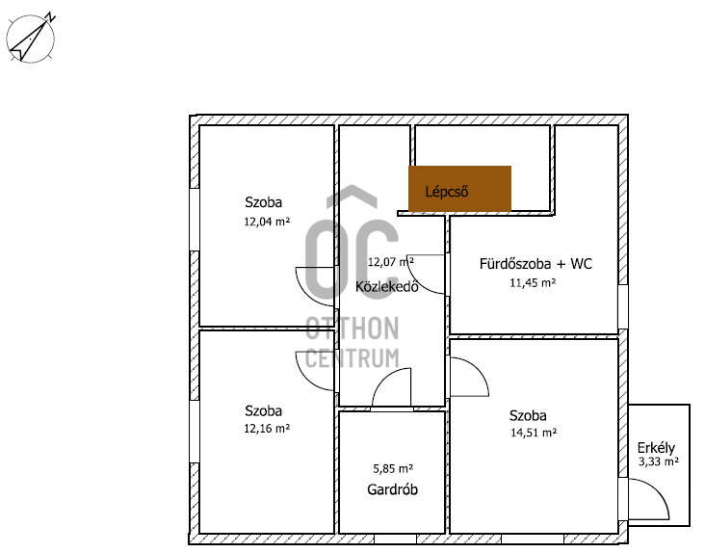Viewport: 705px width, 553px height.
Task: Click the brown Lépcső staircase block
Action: pyautogui.click(x=459, y=189)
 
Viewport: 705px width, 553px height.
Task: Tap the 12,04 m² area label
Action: pyautogui.click(x=267, y=222)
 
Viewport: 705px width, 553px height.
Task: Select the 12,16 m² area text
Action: pyautogui.click(x=267, y=429)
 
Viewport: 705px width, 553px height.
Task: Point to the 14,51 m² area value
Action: pyautogui.click(x=534, y=433)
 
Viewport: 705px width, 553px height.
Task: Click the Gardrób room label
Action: pyautogui.click(x=393, y=489)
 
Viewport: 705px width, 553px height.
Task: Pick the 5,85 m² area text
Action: pyautogui.click(x=393, y=469)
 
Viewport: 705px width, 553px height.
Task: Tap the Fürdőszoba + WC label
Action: pyautogui.click(x=535, y=263)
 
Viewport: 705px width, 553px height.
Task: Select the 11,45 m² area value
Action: pyautogui.click(x=533, y=283)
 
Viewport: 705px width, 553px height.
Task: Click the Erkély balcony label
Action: pyautogui.click(x=656, y=448)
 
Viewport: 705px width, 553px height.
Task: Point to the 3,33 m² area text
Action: pyautogui.click(x=658, y=461)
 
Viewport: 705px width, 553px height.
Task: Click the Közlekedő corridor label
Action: pyautogui.click(x=387, y=286)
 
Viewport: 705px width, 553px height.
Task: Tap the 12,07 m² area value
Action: pyautogui.click(x=391, y=262)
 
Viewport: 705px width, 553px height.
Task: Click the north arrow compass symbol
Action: pyautogui.click(x=31, y=38)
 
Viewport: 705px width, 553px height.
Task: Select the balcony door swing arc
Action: pyautogui.click(x=658, y=490)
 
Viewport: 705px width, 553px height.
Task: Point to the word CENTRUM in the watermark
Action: pyautogui.click(x=352, y=358)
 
